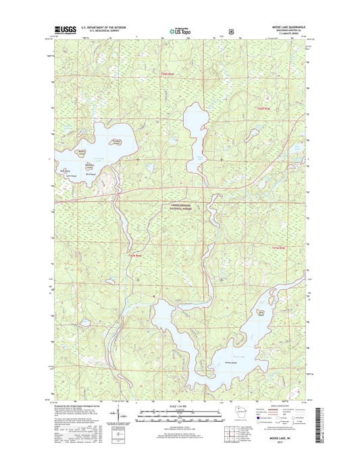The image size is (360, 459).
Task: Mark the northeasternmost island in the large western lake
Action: click(x=115, y=141)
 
